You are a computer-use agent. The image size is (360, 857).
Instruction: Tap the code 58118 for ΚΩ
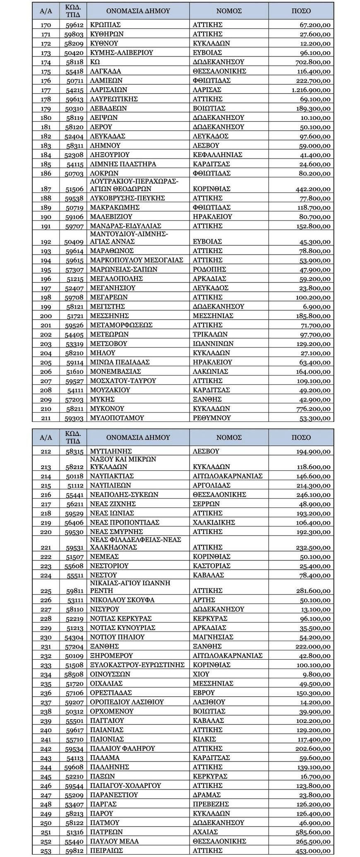(x=74, y=62)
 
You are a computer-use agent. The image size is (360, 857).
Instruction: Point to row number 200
(x=46, y=316)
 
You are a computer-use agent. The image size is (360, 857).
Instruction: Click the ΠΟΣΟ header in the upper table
(x=301, y=11)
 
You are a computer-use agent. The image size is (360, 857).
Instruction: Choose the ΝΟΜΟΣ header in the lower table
(x=229, y=438)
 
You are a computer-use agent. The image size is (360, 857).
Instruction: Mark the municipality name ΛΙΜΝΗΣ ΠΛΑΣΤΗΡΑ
(x=123, y=164)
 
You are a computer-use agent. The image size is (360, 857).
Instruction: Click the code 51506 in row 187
(x=74, y=189)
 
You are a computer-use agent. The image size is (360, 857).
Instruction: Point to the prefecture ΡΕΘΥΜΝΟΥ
(x=211, y=418)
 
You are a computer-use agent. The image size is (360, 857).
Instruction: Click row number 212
(x=46, y=451)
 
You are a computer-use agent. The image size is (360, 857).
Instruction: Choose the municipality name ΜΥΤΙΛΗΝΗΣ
(x=110, y=451)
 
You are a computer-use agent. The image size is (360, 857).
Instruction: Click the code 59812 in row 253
(x=74, y=851)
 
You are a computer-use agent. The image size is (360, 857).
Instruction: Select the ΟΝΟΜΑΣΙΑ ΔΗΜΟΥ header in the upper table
(x=138, y=11)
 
